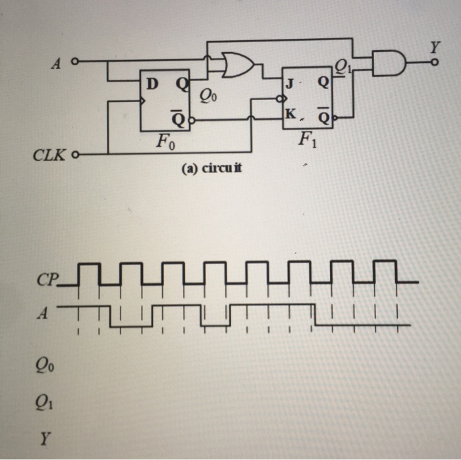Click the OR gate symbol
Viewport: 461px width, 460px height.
click(237, 64)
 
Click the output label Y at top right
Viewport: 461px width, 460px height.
click(434, 47)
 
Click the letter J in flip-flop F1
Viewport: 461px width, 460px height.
click(288, 84)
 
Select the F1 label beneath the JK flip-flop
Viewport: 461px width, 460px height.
click(307, 140)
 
